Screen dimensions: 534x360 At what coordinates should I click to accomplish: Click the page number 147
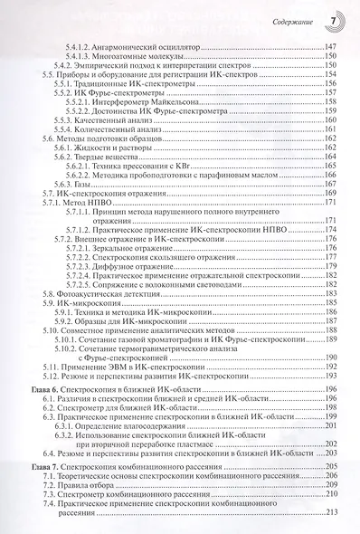(x=332, y=44)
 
